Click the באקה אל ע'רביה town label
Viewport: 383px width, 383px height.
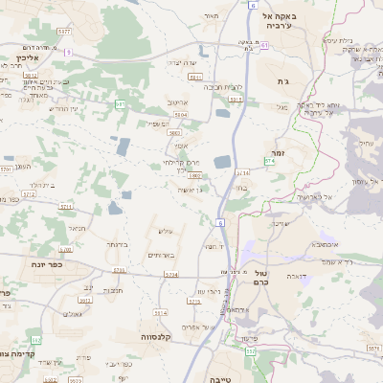click(x=282, y=22)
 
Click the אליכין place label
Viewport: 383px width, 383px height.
click(x=25, y=58)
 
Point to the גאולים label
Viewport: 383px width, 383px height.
click(x=73, y=313)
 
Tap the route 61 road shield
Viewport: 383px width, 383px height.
click(x=263, y=45)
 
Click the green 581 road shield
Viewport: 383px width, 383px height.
click(x=120, y=103)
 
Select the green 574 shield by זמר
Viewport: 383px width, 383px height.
click(x=270, y=163)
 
